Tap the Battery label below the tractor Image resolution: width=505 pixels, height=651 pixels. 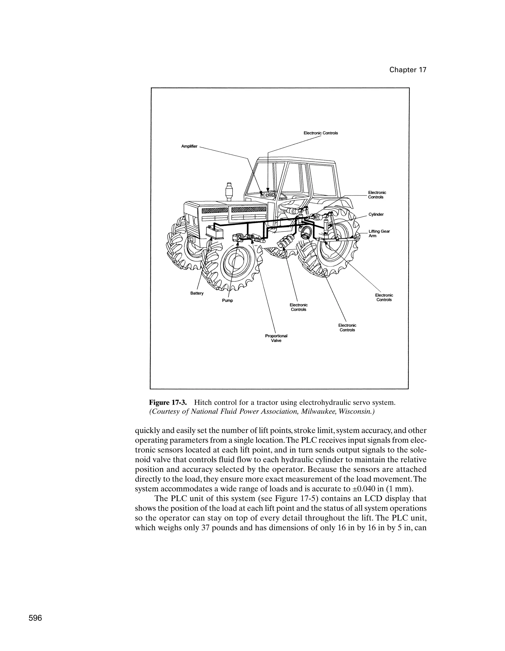click(x=197, y=293)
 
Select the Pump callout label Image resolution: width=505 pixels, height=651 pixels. click(x=227, y=300)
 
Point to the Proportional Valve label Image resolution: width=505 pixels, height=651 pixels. click(x=276, y=338)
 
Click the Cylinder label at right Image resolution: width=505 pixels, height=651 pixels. click(x=376, y=214)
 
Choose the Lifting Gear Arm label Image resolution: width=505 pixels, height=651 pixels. click(x=379, y=233)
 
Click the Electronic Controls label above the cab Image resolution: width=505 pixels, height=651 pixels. click(x=321, y=133)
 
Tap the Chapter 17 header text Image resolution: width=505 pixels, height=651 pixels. click(x=408, y=70)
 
